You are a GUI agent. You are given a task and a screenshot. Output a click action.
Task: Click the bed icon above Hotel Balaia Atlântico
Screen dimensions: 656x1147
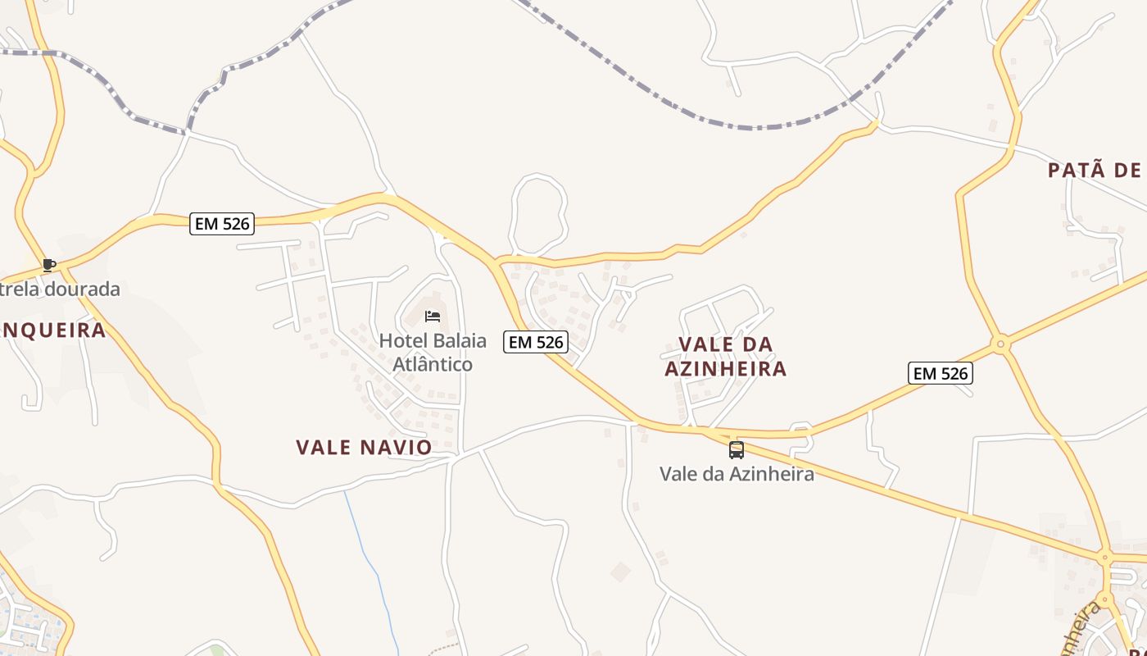click(x=433, y=317)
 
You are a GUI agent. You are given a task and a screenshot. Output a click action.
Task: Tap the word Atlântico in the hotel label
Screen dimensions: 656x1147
click(x=433, y=364)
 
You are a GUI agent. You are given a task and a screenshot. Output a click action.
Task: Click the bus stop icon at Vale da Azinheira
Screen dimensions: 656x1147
click(x=737, y=449)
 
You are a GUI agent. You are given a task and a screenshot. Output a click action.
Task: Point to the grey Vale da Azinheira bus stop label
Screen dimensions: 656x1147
click(x=737, y=474)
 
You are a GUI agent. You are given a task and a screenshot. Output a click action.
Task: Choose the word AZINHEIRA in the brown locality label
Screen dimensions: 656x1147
click(x=725, y=369)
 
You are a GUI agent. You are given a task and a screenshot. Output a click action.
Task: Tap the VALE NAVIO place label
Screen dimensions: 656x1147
click(x=364, y=447)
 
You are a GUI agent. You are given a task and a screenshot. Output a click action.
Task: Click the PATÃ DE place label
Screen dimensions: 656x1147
click(x=1095, y=171)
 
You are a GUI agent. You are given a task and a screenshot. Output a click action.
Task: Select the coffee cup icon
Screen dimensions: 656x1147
click(x=49, y=265)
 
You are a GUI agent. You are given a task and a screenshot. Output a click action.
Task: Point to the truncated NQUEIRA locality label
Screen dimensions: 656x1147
click(x=53, y=330)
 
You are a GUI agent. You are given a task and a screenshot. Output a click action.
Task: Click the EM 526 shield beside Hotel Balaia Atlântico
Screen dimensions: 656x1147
click(x=536, y=342)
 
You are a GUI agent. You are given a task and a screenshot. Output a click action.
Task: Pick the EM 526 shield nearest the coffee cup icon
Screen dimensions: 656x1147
click(x=222, y=223)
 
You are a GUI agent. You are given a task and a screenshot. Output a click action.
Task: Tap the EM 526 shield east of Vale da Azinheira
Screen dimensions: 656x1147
click(x=941, y=373)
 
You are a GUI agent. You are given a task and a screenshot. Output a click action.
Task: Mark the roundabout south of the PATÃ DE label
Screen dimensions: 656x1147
click(x=1000, y=344)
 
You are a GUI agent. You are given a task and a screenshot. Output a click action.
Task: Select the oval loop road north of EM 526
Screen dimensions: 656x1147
click(x=537, y=213)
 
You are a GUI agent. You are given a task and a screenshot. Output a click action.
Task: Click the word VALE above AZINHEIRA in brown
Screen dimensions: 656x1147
click(x=703, y=344)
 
